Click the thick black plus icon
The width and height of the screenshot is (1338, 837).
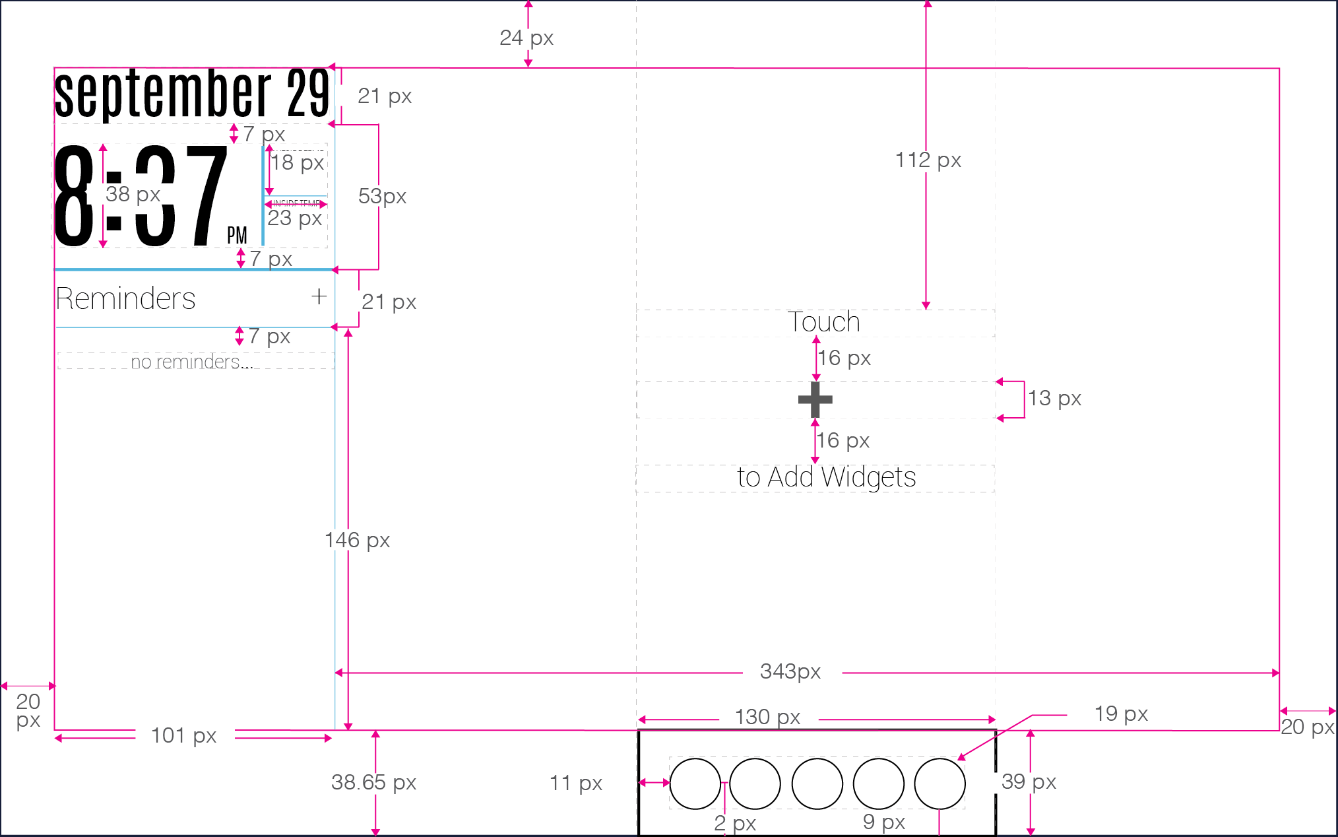click(815, 399)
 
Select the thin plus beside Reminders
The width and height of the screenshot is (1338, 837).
click(319, 296)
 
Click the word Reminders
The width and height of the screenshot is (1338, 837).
click(125, 298)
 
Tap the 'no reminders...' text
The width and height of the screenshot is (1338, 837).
click(191, 362)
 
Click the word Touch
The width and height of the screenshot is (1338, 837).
click(823, 322)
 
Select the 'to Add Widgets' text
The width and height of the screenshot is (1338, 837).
click(826, 477)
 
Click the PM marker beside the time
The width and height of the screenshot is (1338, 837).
click(237, 235)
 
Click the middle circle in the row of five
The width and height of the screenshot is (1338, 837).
click(817, 784)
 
